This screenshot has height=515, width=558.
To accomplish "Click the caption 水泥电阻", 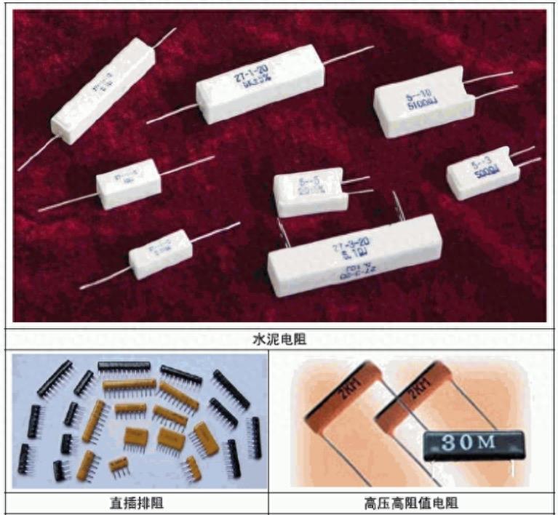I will pyautogui.click(x=279, y=338).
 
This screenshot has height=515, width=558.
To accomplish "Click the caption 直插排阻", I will pyautogui.click(x=135, y=503).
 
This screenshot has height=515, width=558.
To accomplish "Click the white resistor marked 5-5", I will pyautogui.click(x=308, y=191).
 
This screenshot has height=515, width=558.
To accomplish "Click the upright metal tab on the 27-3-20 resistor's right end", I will pyautogui.click(x=394, y=204).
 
